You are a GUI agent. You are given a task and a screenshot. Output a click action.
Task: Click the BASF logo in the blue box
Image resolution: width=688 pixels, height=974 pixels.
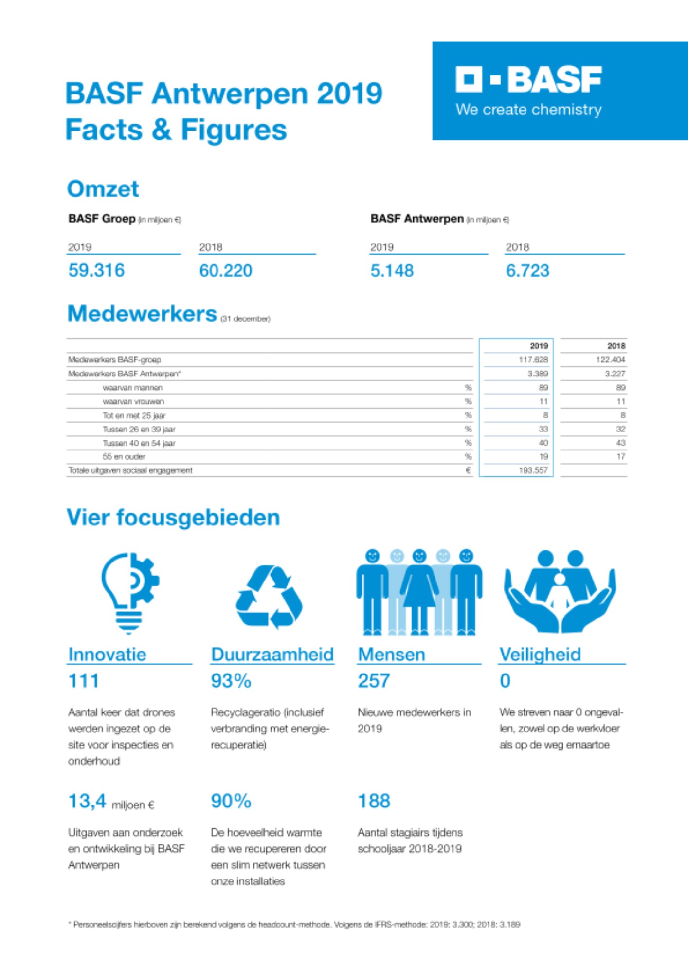pos(528,80)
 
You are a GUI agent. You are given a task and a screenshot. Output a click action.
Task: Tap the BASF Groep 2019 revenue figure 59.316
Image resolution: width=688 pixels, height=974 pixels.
pos(96,270)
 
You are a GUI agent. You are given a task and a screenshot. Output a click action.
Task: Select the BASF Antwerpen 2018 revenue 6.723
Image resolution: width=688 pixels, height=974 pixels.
pos(527,271)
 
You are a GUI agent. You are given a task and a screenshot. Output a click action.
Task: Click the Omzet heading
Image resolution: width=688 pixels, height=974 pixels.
pos(103,189)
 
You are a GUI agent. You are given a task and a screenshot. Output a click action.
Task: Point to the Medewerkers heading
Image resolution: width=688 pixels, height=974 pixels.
pos(142,314)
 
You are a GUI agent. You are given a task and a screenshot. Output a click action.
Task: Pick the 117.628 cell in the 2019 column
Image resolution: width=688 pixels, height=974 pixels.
pos(533,360)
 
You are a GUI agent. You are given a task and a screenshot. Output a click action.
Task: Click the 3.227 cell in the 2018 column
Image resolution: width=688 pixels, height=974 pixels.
pos(615,374)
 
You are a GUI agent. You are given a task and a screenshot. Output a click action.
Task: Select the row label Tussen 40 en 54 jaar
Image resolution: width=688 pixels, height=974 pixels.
pos(139,443)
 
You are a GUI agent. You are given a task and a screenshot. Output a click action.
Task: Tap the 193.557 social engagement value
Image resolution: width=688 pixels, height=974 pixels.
pos(533,470)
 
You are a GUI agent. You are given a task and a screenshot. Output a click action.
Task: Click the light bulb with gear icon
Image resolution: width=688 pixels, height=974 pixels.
pos(129,592)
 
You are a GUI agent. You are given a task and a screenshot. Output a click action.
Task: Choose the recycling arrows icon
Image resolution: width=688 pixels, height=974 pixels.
pos(269,597)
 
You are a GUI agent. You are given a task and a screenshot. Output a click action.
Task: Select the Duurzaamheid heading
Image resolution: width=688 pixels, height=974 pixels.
pos(272,655)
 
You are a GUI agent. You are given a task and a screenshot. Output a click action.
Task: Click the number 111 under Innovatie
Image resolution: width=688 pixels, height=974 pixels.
pos(84,681)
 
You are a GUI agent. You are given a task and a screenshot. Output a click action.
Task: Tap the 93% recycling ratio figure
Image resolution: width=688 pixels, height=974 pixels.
pos(231,681)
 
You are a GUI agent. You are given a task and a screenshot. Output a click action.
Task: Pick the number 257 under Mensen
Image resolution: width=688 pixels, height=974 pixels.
pos(374,681)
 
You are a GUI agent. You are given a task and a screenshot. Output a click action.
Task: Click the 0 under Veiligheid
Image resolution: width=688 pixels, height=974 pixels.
pos(505,681)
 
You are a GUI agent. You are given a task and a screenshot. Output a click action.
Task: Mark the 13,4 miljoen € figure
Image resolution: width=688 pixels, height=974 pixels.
pos(111,802)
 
